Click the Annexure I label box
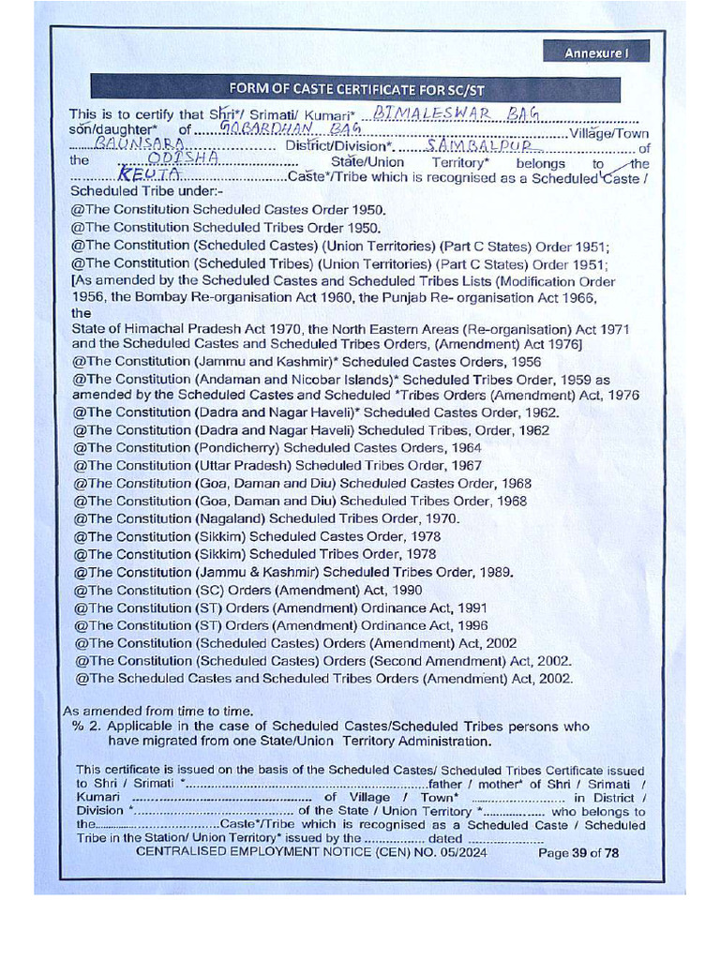(595, 53)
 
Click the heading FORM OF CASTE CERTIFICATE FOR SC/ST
(355, 90)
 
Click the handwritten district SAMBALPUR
(479, 145)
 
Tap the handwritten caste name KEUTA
(140, 176)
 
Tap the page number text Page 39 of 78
(578, 853)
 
